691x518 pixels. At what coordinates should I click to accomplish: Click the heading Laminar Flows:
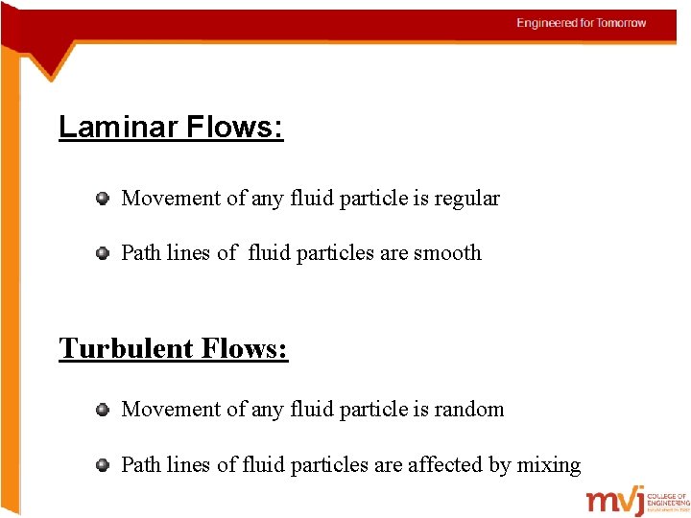(x=171, y=127)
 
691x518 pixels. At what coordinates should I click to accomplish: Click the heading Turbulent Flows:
(x=173, y=347)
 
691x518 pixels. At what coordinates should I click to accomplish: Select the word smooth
(x=447, y=253)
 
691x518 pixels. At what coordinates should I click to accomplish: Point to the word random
(x=468, y=410)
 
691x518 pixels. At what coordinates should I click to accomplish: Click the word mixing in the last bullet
(x=549, y=465)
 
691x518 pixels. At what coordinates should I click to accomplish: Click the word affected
(x=445, y=465)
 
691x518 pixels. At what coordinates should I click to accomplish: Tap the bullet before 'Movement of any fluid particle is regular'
(x=102, y=199)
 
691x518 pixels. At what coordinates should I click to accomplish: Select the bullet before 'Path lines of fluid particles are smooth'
(x=102, y=253)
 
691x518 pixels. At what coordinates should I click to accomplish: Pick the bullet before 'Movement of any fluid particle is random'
(x=102, y=410)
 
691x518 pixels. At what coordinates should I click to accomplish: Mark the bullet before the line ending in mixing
(x=102, y=465)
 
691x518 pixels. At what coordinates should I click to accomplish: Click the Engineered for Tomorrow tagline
(x=581, y=23)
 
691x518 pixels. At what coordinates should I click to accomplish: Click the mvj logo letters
(x=615, y=502)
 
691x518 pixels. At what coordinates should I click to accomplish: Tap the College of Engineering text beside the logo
(x=668, y=499)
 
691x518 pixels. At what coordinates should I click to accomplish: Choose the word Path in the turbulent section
(x=141, y=465)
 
